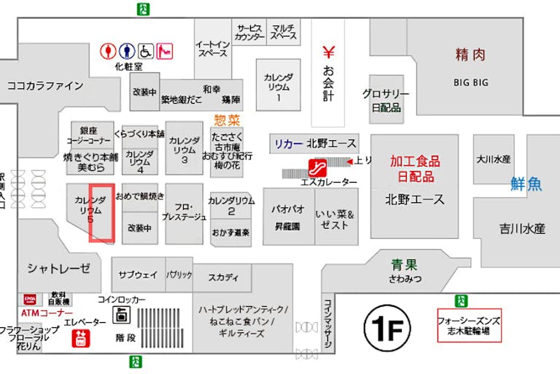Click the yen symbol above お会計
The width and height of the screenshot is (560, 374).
coord(328,53)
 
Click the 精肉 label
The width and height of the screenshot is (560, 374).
coord(470,55)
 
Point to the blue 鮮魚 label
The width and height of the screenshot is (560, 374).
coord(526,184)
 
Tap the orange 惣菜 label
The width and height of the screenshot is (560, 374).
coord(227,119)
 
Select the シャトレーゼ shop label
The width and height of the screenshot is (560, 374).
coord(59,267)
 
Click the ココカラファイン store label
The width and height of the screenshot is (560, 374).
coord(45,85)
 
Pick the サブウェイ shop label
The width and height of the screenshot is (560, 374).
coord(138,275)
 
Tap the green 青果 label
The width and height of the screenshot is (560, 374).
coord(403,264)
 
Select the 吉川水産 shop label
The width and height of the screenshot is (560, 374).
coord(522,228)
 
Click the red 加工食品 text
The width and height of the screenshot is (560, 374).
coord(415,161)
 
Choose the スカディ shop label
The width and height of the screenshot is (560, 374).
coord(223,278)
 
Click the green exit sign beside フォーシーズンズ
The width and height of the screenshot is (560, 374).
coord(461,300)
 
